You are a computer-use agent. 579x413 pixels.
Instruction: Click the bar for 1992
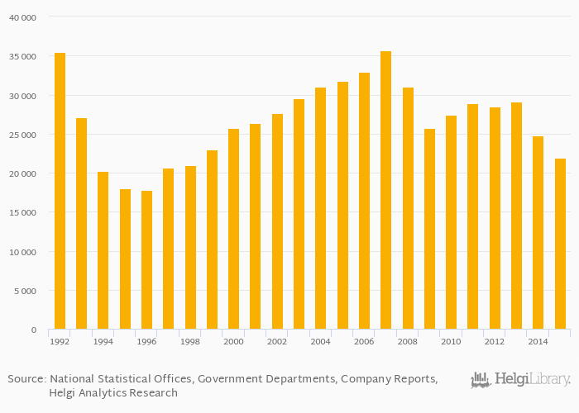[60, 191]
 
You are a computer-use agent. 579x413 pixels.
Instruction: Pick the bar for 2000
[233, 229]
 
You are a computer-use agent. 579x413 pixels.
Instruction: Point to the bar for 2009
[429, 229]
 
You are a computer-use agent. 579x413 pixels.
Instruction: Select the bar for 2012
[495, 218]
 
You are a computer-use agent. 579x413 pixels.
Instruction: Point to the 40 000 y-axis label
[22, 17]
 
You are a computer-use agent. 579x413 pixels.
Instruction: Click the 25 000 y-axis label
[22, 135]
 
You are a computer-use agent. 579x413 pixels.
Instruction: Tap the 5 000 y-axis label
[25, 291]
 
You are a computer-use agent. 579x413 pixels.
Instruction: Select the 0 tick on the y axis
[34, 330]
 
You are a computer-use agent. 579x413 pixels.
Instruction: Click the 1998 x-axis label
[189, 341]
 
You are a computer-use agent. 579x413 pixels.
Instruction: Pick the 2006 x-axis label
[364, 341]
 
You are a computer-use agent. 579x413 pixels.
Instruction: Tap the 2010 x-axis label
[451, 341]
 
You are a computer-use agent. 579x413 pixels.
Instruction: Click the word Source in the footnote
[26, 379]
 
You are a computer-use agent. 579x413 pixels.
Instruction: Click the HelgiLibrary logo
[520, 380]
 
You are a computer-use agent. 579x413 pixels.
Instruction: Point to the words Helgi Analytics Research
[112, 393]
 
